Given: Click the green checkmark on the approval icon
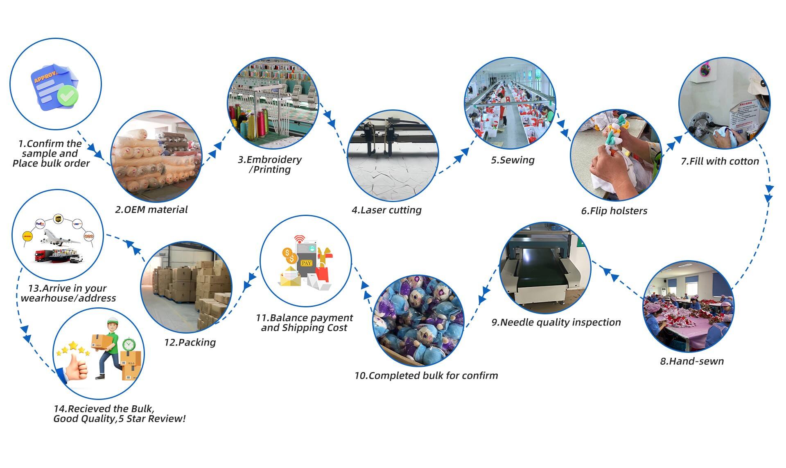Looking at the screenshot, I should point(68,95).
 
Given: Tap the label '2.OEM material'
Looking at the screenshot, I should point(151,210).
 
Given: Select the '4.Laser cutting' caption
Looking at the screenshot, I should point(386,210).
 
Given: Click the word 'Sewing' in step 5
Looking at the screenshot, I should point(517,160).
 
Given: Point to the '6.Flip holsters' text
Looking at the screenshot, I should point(614,211).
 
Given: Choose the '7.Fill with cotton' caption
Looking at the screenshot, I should point(720,161).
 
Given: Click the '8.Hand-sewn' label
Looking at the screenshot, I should point(692,361).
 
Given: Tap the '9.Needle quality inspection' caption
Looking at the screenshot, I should point(556,323).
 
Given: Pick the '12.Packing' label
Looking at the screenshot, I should point(190,343).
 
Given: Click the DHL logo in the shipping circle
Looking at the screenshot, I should point(27,236).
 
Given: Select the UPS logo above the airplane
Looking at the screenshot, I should point(58,219).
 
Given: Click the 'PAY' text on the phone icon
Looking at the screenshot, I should point(306,263).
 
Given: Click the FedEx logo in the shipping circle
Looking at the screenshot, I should point(40,224).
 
